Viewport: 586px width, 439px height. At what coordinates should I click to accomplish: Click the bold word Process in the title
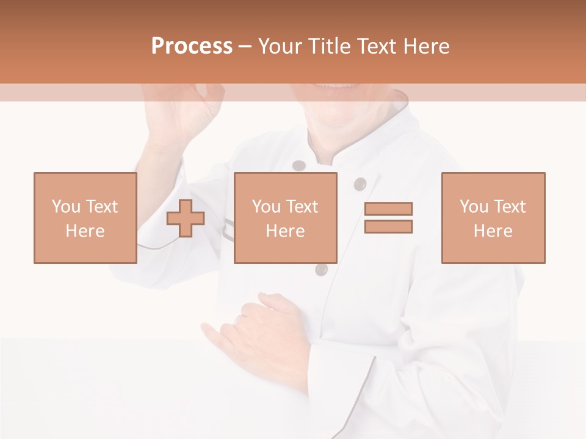(x=192, y=46)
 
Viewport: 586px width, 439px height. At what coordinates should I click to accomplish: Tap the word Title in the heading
(x=330, y=46)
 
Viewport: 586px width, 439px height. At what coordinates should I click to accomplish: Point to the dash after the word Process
(x=245, y=47)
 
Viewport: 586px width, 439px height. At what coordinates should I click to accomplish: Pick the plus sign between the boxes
(x=186, y=218)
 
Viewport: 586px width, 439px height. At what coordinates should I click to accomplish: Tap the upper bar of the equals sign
(x=388, y=209)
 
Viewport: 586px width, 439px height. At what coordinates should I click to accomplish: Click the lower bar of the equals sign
(x=388, y=226)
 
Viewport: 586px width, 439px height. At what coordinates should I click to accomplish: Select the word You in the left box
(x=65, y=207)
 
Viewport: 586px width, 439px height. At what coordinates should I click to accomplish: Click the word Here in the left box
(x=85, y=231)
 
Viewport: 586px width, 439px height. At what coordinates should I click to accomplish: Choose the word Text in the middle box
(x=302, y=207)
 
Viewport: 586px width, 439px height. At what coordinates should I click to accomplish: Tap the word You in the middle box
(x=266, y=207)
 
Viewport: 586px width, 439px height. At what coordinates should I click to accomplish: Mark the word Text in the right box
(x=509, y=207)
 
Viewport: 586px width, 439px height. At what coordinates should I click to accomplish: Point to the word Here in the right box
(x=493, y=231)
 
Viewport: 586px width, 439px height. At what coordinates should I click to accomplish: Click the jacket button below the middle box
(x=322, y=269)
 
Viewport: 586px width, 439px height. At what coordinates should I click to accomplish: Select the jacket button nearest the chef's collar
(x=298, y=166)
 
